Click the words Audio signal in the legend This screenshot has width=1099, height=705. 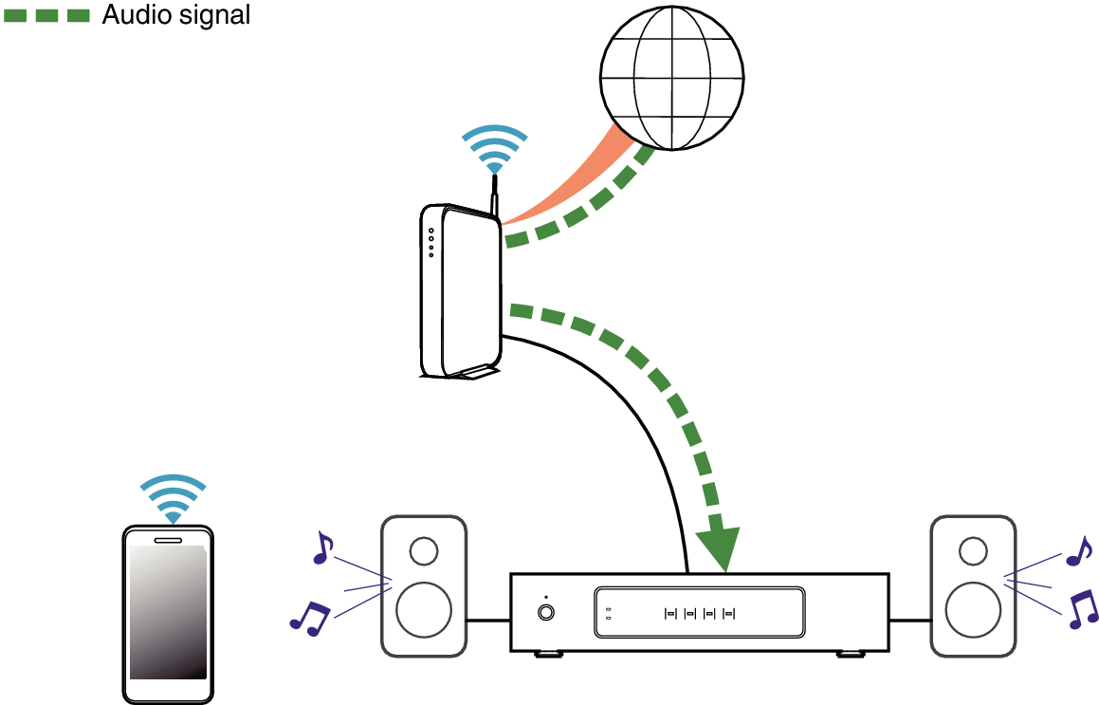click(x=175, y=15)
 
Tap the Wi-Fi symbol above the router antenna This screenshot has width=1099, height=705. click(x=494, y=148)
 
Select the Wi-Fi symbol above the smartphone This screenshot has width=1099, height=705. click(x=173, y=496)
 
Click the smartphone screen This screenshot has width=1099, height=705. click(x=168, y=612)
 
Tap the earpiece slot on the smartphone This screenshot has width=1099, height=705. click(x=168, y=540)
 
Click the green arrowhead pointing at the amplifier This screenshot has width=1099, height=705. click(x=719, y=547)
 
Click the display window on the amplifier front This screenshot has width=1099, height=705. click(x=700, y=613)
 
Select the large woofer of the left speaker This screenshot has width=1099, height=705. click(x=424, y=610)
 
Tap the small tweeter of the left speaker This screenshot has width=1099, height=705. click(x=424, y=551)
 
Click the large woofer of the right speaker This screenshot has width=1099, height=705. click(x=973, y=610)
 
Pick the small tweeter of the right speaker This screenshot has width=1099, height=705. click(x=973, y=550)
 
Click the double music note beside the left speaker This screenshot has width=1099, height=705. click(x=309, y=618)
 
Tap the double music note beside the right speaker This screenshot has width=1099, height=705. click(x=1082, y=608)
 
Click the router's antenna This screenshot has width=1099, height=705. click(x=494, y=195)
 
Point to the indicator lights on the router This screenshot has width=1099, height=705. click(x=431, y=242)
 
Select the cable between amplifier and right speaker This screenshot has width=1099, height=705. click(x=909, y=621)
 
